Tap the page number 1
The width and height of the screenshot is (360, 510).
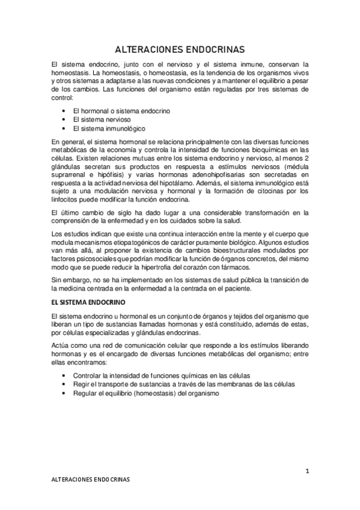tap(307, 471)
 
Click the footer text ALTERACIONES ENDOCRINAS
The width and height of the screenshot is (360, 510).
tap(90, 482)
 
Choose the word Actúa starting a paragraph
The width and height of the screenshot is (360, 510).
tap(62, 348)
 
